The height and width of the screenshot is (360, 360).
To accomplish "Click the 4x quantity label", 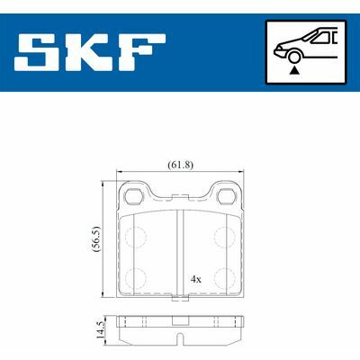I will pos(195,280).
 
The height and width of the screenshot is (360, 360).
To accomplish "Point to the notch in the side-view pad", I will pos(181,341).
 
